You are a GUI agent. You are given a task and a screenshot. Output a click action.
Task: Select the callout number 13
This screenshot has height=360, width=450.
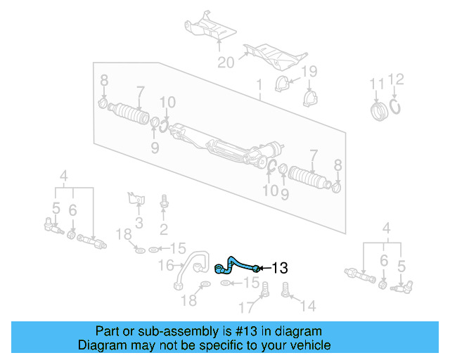279,268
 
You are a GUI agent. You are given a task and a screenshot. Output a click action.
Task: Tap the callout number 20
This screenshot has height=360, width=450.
226,63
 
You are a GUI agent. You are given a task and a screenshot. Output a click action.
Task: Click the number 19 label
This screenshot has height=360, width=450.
309,72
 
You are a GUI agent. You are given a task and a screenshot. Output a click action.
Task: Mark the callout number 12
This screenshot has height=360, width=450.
396,79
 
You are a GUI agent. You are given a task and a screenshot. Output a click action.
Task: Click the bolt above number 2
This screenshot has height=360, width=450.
164,202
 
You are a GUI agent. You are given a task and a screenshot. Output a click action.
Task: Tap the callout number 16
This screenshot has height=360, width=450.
165,264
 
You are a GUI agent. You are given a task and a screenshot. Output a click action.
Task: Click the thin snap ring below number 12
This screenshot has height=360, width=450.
396,107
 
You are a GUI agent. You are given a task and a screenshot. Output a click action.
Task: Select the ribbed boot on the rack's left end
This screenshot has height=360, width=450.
131,114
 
